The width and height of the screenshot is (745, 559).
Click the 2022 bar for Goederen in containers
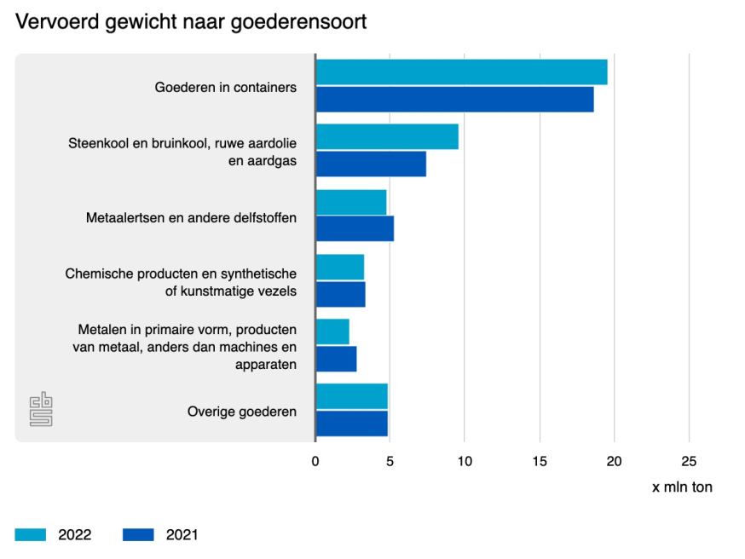point(461,72)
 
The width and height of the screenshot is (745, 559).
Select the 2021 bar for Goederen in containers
point(454,100)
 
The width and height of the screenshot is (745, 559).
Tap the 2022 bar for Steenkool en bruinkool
point(387,137)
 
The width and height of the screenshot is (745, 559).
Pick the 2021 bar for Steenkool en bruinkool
point(371,164)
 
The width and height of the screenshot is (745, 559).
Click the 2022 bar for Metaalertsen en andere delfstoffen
point(351,202)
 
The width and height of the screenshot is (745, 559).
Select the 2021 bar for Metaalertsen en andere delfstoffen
point(355,228)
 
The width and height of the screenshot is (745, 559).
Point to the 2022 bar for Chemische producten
point(340,267)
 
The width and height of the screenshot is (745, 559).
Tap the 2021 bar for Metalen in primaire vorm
point(336,359)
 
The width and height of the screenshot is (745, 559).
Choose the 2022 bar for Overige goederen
point(351,396)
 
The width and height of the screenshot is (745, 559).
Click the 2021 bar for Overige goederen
point(351,424)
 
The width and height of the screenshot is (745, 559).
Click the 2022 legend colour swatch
point(30,535)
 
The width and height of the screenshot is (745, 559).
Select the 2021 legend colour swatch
point(138,535)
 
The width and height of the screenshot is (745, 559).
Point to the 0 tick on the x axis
point(315,462)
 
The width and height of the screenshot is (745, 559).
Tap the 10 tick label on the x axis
point(465,462)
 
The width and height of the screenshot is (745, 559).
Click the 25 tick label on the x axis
point(689,462)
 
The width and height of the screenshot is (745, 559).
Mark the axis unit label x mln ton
point(682,487)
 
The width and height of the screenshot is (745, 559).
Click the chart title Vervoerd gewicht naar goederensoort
point(191,21)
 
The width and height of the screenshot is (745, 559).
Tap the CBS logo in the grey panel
point(41,409)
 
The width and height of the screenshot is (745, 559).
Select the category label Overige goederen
point(242,412)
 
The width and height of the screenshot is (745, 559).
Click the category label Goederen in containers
point(226,87)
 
